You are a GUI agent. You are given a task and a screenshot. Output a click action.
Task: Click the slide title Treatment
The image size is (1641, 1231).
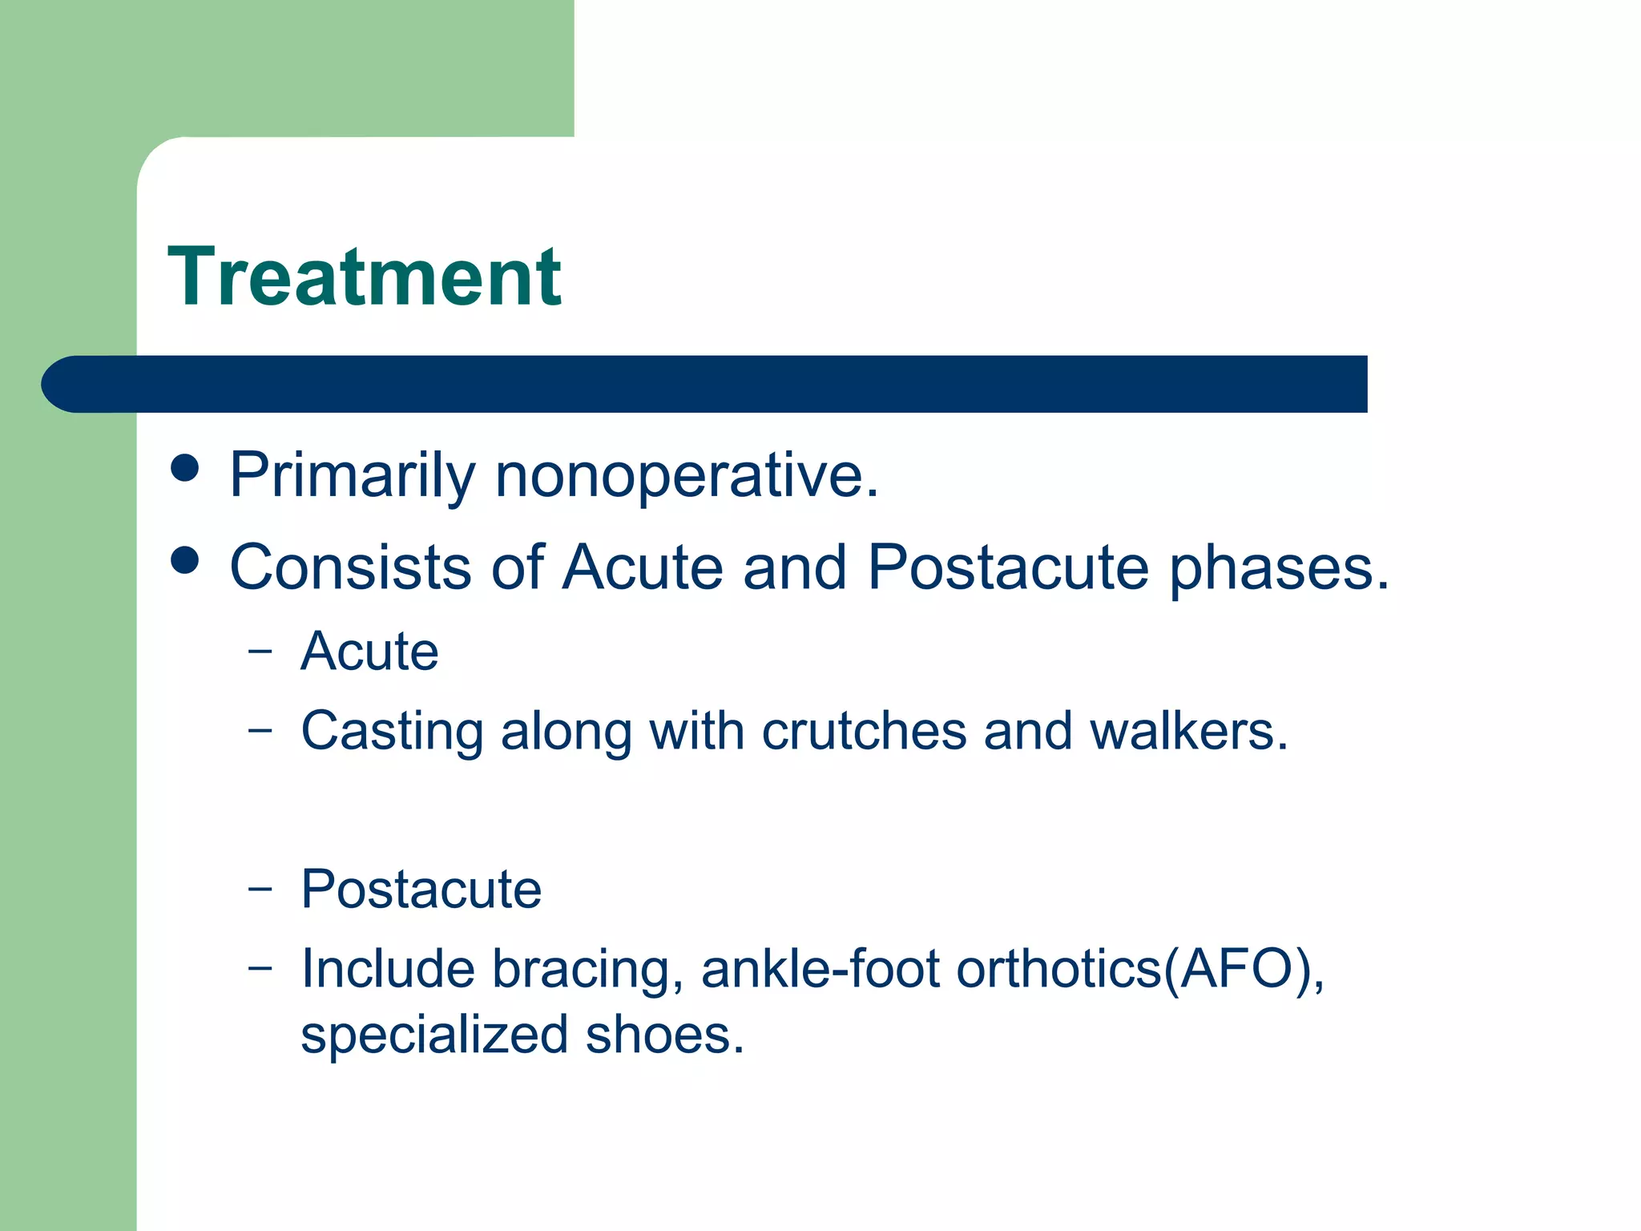click(x=365, y=277)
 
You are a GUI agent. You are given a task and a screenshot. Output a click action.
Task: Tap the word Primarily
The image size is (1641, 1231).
click(x=352, y=475)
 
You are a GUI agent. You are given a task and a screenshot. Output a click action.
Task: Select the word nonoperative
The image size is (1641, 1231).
click(x=687, y=475)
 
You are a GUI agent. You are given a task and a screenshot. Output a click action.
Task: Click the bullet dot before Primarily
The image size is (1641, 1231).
click(x=185, y=468)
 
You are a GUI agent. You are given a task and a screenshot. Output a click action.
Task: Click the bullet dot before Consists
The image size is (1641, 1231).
click(x=185, y=560)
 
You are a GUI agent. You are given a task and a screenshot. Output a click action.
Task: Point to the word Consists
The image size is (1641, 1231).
click(x=350, y=567)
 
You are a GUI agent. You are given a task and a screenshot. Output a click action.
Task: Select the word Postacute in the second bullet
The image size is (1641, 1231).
click(x=1008, y=567)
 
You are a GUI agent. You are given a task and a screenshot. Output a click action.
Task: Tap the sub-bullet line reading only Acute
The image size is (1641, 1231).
click(x=369, y=651)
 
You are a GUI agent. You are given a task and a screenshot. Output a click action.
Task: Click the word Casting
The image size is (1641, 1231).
click(x=392, y=732)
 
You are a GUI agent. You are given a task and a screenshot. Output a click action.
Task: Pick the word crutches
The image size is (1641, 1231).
click(x=864, y=731)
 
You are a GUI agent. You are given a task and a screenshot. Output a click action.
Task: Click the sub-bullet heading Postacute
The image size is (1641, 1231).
click(x=421, y=889)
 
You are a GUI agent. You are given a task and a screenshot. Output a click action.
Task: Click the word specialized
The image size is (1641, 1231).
click(x=433, y=1035)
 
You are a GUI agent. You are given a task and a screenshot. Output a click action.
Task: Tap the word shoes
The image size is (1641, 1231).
click(x=664, y=1035)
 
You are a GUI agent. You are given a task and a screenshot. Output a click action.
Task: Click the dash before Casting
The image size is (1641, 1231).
click(x=260, y=729)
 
